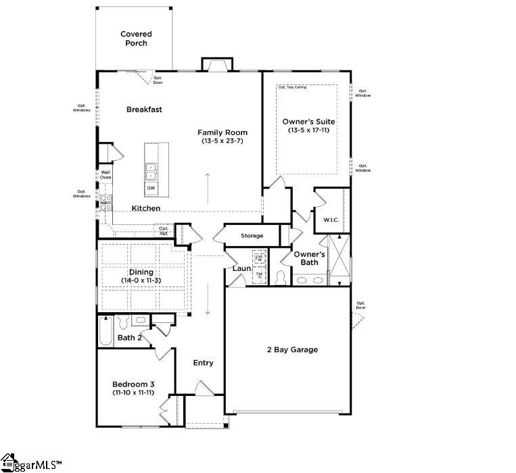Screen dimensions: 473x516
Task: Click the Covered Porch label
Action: tap(136, 39)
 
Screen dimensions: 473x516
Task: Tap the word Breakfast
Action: tap(144, 109)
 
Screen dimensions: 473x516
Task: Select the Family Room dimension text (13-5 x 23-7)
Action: tap(222, 142)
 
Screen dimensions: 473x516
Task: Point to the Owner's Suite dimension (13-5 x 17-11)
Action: tap(308, 130)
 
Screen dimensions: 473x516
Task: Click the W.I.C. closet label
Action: tap(331, 220)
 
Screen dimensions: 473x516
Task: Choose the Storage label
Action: tap(252, 236)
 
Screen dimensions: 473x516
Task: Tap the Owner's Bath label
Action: tap(310, 258)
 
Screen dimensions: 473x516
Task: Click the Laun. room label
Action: tap(242, 269)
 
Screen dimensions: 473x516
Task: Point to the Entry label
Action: tap(203, 363)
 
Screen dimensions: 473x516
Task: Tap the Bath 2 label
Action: tap(129, 337)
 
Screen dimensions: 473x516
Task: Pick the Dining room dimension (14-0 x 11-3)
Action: tap(141, 280)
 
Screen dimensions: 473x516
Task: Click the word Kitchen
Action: tap(146, 208)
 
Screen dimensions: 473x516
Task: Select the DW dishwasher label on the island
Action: tap(151, 188)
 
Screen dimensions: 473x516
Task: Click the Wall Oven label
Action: tap(106, 175)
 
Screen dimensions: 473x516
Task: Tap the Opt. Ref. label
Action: tap(164, 230)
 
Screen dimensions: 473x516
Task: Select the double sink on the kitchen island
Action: tap(151, 169)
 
